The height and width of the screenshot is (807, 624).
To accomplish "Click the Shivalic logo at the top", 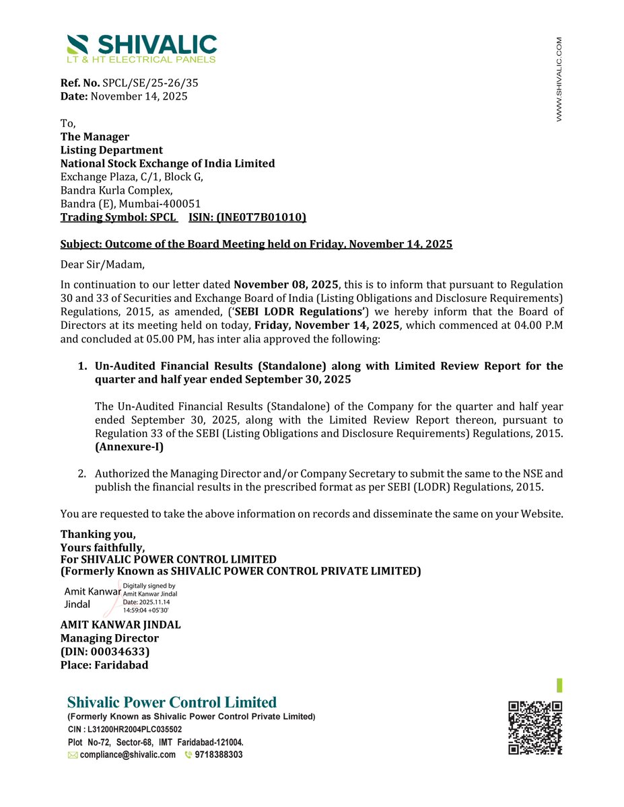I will pyautogui.click(x=142, y=48).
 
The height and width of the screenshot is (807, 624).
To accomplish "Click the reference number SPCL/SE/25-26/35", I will pyautogui.click(x=150, y=83).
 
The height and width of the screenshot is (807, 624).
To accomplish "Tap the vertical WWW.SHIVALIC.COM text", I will pyautogui.click(x=559, y=79).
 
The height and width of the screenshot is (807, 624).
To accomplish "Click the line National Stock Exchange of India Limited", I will pyautogui.click(x=168, y=163).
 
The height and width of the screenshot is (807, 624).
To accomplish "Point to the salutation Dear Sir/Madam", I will pyautogui.click(x=102, y=264).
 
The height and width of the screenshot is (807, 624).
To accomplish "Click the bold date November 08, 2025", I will pyautogui.click(x=286, y=285).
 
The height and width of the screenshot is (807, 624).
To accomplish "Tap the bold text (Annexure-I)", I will pyautogui.click(x=129, y=447).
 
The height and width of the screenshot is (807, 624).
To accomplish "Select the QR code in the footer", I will pyautogui.click(x=535, y=728).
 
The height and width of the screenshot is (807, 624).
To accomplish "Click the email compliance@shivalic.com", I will pyautogui.click(x=127, y=755).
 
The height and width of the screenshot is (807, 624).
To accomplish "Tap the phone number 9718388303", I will pyautogui.click(x=218, y=755).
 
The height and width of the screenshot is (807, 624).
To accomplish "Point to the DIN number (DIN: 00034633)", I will pyautogui.click(x=105, y=652).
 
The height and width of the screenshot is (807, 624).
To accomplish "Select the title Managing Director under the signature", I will pyautogui.click(x=110, y=638).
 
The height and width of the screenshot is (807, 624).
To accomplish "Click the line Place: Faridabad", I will pyautogui.click(x=104, y=665).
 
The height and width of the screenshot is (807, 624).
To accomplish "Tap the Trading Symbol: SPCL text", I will pyautogui.click(x=118, y=217).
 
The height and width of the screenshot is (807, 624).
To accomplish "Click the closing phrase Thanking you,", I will pyautogui.click(x=98, y=535).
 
